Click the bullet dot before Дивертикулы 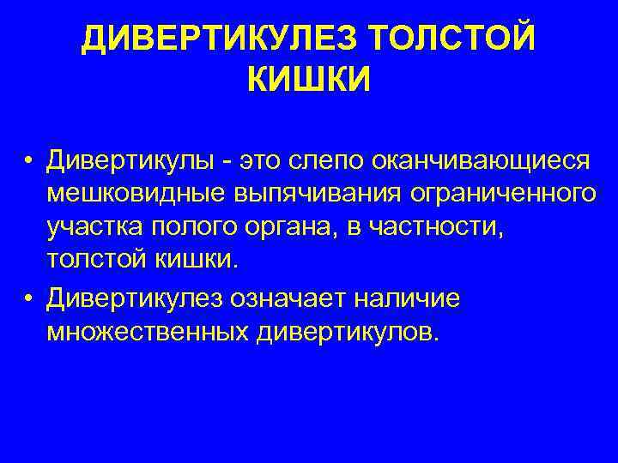coord(29,162)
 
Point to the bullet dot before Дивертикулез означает coord(29,299)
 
